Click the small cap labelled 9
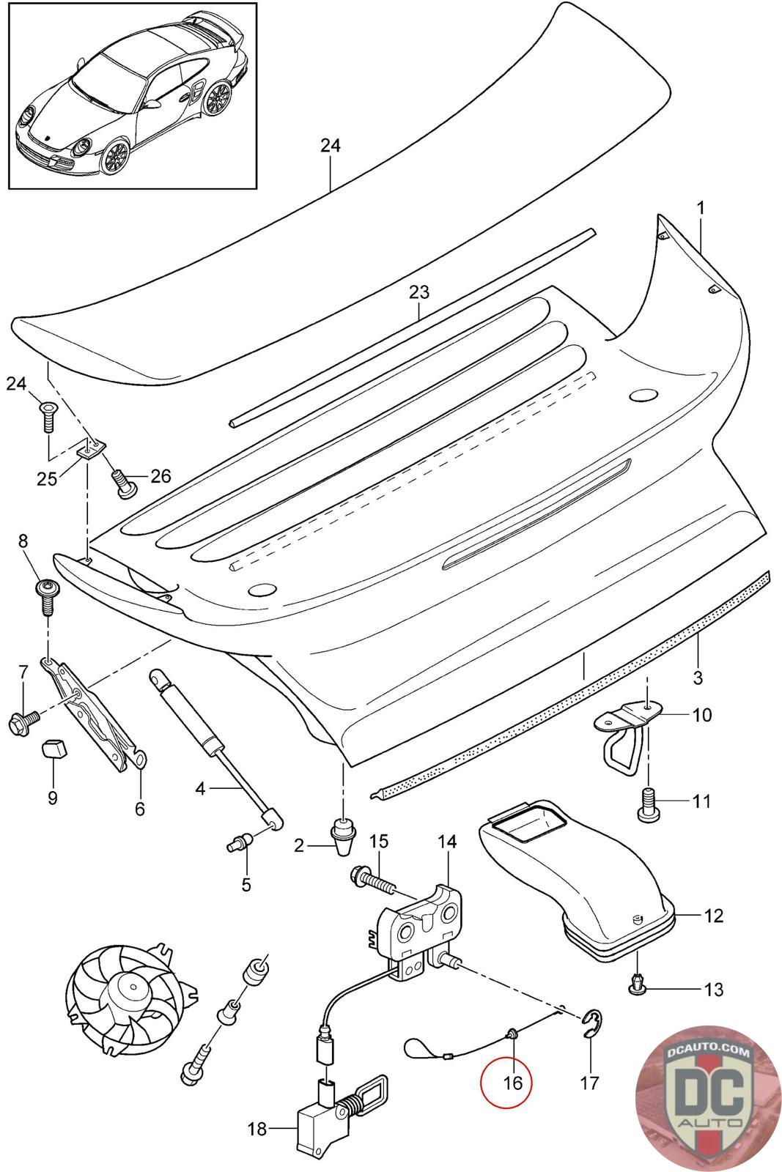53,749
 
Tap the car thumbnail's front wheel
114,155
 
